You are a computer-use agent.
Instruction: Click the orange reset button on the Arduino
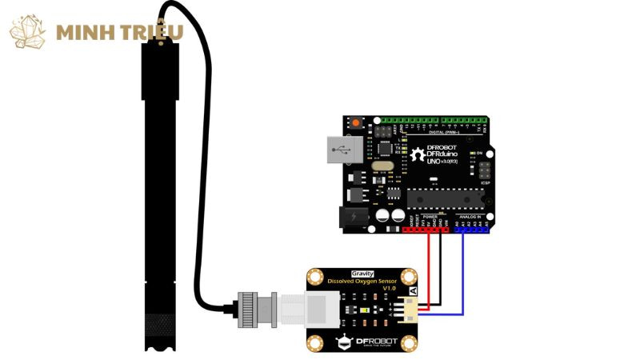(355, 122)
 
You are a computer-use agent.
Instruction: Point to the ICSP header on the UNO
(485, 170)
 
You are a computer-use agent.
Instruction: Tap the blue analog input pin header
(472, 229)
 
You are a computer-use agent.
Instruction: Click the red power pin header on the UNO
(424, 229)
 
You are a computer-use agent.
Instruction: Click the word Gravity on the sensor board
(361, 274)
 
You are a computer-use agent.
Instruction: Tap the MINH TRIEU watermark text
(120, 33)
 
